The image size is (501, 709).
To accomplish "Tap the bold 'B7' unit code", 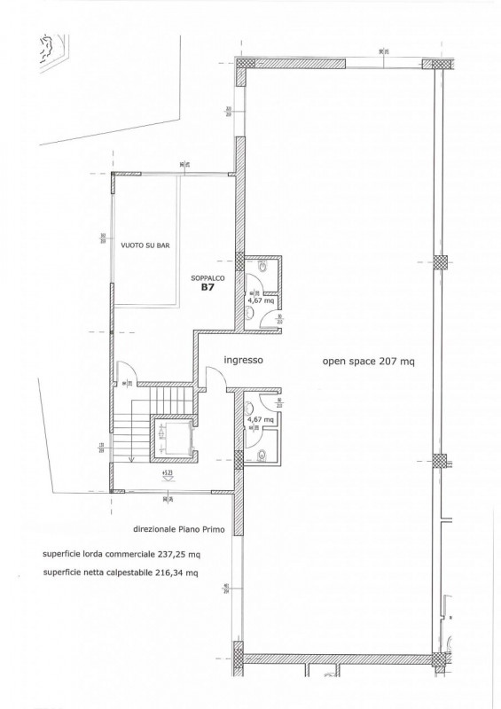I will click(207, 287).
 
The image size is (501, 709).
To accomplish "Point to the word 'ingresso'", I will click(243, 360).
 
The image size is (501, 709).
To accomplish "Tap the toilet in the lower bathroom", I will click(265, 456).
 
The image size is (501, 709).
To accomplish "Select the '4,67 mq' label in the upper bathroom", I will click(261, 300).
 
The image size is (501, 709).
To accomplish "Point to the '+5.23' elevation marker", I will click(167, 474).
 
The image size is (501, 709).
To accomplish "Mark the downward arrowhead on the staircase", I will click(129, 458).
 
